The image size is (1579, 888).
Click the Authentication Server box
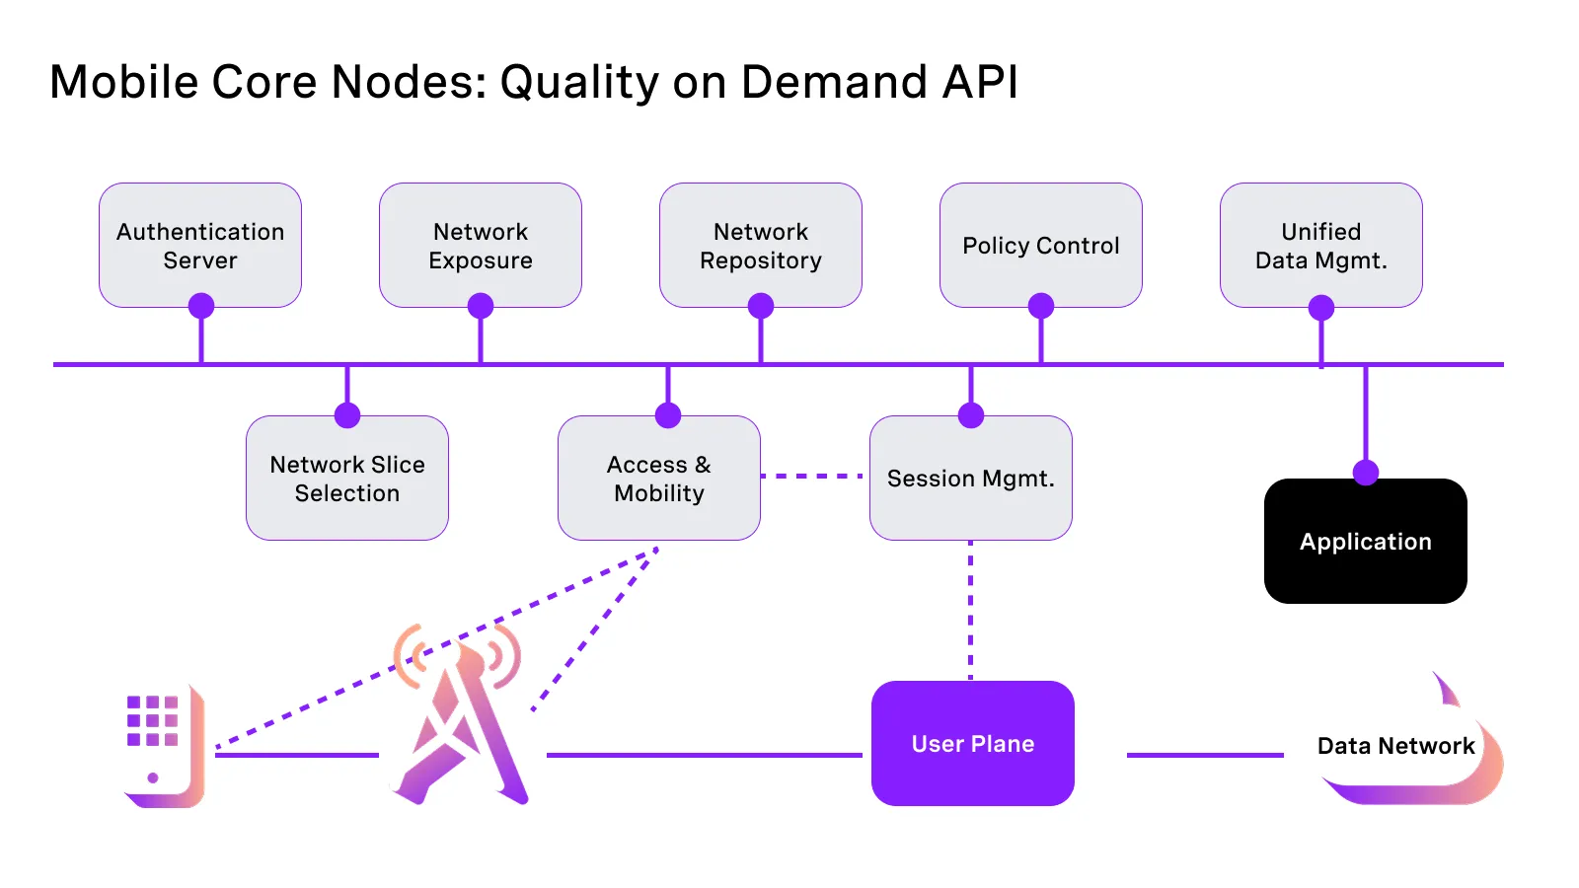(200, 246)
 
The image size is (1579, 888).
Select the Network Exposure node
(481, 246)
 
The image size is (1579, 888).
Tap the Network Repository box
(761, 246)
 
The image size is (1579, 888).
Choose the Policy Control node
(1041, 246)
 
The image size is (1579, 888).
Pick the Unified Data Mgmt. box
(1321, 246)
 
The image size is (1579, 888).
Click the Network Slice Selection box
(347, 479)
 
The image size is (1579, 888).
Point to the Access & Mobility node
(659, 479)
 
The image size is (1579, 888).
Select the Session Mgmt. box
(971, 479)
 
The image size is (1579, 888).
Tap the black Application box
(1366, 542)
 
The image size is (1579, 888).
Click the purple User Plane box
(973, 744)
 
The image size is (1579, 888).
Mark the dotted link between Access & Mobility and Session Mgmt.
(814, 476)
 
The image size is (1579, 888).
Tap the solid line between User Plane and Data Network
(1205, 755)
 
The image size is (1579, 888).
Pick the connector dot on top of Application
(1366, 473)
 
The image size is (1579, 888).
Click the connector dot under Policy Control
(1041, 306)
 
